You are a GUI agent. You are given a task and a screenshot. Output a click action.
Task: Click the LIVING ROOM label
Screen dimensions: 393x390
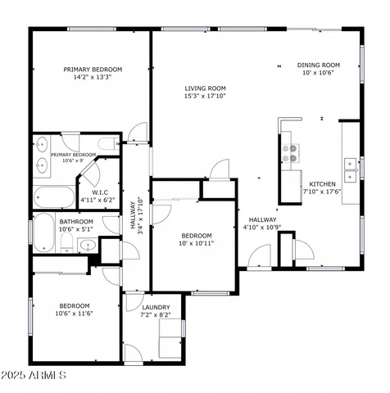205,88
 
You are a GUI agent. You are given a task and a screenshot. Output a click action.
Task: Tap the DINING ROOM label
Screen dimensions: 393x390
319,64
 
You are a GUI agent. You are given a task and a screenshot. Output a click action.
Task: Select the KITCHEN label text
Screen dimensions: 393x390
322,184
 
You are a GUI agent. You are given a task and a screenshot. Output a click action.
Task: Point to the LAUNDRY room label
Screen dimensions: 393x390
156,307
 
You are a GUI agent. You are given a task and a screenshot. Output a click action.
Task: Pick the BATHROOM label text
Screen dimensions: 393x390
76,221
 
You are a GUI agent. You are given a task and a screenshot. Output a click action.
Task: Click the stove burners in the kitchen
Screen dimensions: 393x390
289,152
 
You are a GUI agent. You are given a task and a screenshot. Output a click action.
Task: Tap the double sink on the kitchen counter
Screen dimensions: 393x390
350,169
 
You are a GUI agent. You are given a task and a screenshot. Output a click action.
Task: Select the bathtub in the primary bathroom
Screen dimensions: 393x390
54,197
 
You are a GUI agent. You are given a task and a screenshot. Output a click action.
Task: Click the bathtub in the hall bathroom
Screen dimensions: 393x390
42,231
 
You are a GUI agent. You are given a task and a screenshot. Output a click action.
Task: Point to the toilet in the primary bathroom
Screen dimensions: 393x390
107,145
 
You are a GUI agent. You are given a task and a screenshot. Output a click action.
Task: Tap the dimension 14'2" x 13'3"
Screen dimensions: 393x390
93,79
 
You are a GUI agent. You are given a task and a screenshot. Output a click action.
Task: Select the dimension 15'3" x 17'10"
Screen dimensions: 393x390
205,97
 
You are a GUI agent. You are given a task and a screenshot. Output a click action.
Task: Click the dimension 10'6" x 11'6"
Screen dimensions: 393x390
74,314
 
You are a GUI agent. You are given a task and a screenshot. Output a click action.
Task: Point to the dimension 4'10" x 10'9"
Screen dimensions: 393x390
263,228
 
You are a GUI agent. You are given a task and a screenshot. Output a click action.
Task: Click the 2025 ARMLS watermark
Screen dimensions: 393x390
34,375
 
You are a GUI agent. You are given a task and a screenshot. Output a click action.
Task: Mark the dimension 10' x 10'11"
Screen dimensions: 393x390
197,243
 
